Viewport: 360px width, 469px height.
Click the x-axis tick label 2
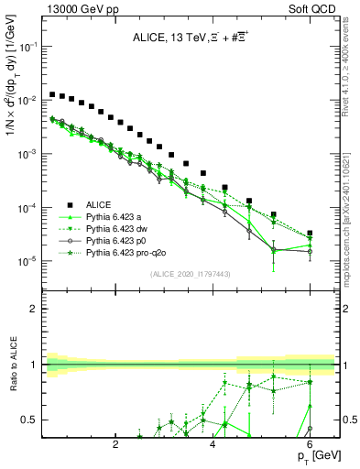point(115,445)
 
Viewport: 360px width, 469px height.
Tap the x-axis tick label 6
point(310,445)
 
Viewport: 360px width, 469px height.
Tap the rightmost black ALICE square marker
point(310,234)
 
